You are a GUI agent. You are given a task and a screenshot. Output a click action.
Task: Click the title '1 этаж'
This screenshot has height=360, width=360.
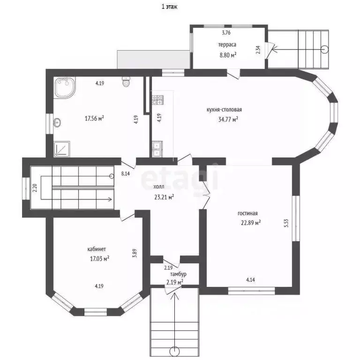(169, 7)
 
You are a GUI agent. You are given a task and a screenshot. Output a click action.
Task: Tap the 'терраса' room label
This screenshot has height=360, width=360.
(227, 45)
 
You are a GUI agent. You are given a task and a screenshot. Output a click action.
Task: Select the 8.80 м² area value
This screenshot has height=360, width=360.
(228, 55)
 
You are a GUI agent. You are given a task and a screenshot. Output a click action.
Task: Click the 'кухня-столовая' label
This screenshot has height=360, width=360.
(224, 110)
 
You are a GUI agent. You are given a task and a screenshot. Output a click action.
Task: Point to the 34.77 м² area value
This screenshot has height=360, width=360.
(228, 119)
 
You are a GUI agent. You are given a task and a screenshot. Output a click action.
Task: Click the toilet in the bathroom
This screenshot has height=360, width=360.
(126, 82)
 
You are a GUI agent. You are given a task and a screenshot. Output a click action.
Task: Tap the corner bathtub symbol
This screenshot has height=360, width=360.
(65, 88)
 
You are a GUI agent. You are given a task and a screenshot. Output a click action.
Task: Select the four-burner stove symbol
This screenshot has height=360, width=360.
(157, 100)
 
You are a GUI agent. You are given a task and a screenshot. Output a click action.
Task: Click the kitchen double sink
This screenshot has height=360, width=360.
(157, 149)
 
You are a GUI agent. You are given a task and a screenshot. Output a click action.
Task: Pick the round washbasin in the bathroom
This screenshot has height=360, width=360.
(57, 123)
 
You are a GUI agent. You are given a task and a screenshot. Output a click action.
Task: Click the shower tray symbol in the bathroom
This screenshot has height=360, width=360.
(62, 149)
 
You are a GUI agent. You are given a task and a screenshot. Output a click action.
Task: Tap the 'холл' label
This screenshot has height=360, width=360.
(158, 187)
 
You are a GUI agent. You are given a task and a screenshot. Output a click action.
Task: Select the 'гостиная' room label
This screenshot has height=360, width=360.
(247, 213)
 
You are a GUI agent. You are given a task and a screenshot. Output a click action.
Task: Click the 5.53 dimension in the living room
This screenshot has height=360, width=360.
(286, 223)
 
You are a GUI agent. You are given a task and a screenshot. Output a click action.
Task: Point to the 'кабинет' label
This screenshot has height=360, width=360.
(97, 249)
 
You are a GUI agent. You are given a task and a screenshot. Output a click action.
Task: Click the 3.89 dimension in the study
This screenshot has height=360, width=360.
(135, 253)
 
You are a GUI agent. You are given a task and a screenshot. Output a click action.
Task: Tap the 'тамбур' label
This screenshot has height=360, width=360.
(178, 274)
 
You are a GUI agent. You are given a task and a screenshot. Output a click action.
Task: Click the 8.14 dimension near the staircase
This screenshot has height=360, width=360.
(125, 173)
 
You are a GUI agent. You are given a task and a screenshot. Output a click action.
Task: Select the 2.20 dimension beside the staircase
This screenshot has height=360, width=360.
(35, 188)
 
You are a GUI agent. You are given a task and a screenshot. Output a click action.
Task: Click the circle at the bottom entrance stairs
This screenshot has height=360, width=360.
(174, 351)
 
